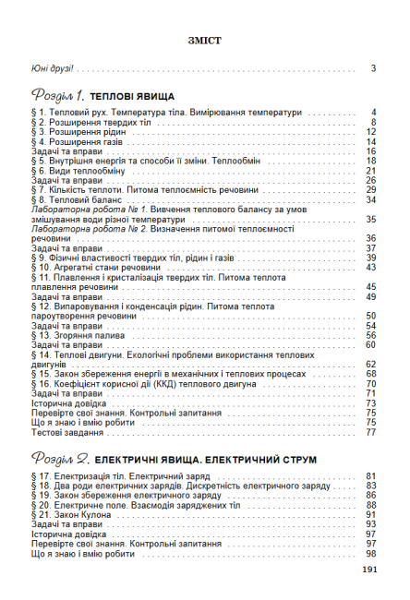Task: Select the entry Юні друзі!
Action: pos(52,68)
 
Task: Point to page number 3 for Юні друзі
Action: pos(373,68)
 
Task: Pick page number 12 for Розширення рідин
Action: pos(370,132)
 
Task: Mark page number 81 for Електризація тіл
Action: pos(370,475)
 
